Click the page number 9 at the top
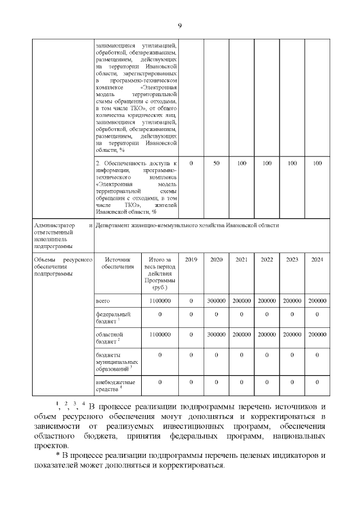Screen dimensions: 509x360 180,25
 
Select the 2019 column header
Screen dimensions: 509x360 191,260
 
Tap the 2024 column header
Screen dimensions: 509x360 317,260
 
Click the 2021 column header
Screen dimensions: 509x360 241,260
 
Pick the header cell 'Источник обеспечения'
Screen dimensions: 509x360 118,263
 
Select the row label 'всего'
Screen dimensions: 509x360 103,301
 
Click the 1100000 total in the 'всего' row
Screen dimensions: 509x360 160,301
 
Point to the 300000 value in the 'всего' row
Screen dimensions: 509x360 216,301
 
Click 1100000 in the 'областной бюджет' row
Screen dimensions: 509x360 160,334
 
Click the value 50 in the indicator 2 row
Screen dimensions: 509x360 216,163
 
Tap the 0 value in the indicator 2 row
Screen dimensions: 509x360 191,163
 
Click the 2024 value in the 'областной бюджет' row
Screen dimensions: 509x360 317,334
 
